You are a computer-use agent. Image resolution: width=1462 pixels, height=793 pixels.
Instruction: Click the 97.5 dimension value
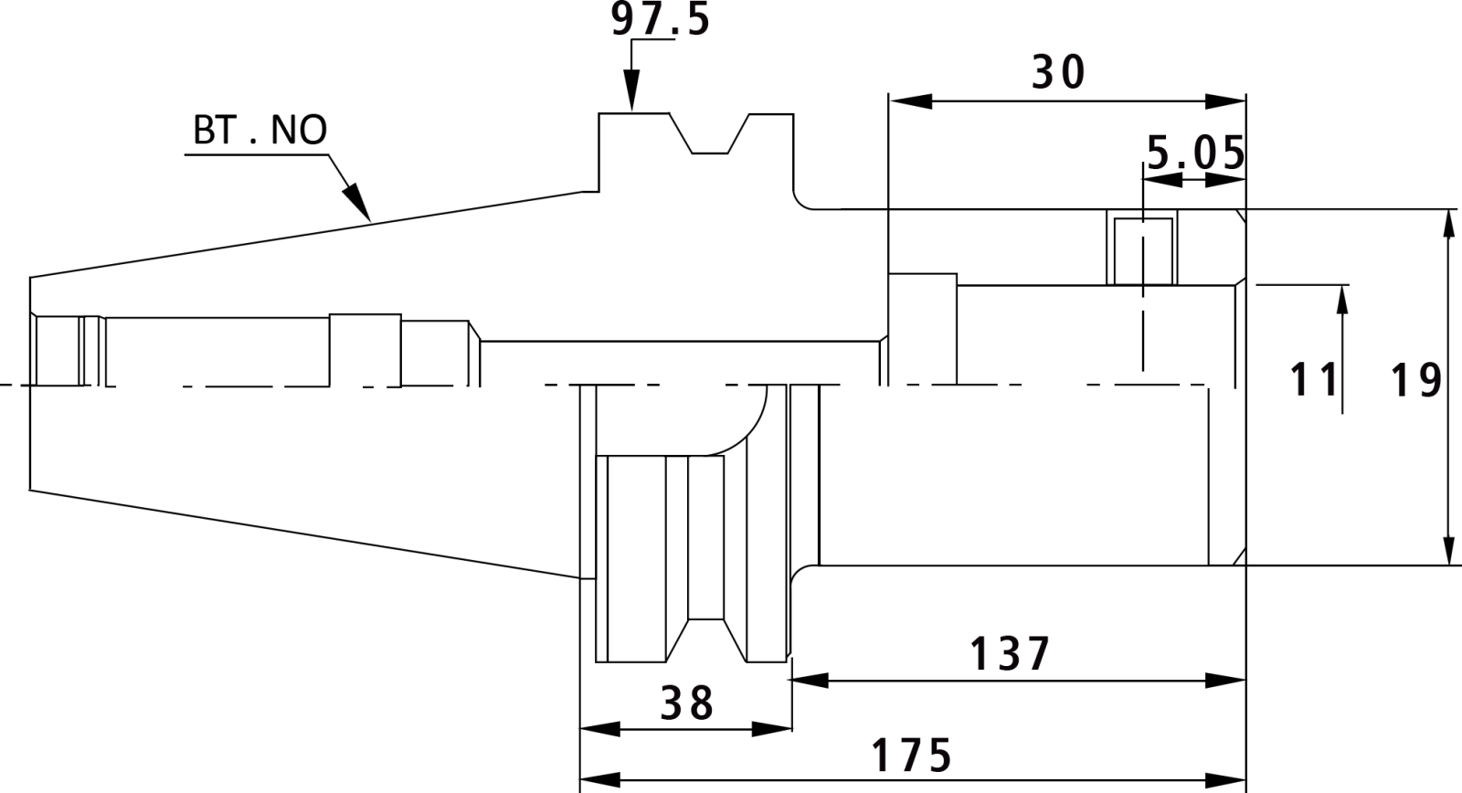[660, 19]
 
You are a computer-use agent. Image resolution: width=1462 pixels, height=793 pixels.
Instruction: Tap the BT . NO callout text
[260, 130]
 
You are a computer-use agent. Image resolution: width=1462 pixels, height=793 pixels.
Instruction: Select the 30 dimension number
[1058, 72]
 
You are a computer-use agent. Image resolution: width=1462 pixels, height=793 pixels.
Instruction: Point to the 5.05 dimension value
[1196, 153]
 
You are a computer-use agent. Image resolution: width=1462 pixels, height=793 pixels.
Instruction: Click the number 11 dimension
[1313, 380]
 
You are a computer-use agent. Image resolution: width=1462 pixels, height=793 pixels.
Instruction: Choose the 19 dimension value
[1416, 381]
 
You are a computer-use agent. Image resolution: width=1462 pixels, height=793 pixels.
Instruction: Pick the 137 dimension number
[1010, 654]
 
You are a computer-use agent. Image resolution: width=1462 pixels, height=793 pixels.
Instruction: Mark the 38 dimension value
[686, 703]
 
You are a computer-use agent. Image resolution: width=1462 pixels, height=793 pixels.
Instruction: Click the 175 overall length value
[911, 756]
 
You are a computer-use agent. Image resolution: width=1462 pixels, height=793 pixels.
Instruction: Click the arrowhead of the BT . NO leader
[357, 202]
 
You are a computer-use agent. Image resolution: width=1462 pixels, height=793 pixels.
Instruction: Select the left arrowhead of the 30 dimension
[910, 101]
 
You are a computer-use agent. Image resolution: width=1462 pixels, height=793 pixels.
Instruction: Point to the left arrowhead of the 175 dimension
[600, 779]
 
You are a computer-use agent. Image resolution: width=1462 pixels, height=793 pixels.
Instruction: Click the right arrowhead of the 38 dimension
[771, 729]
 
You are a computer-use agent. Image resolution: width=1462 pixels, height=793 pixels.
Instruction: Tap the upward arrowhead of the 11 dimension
[1342, 305]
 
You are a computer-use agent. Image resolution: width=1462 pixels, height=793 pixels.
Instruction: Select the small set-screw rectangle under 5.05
[1143, 251]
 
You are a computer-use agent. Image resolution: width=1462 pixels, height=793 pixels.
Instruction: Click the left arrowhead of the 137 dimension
[810, 680]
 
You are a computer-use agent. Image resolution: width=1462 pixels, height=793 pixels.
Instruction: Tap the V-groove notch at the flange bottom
[706, 640]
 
